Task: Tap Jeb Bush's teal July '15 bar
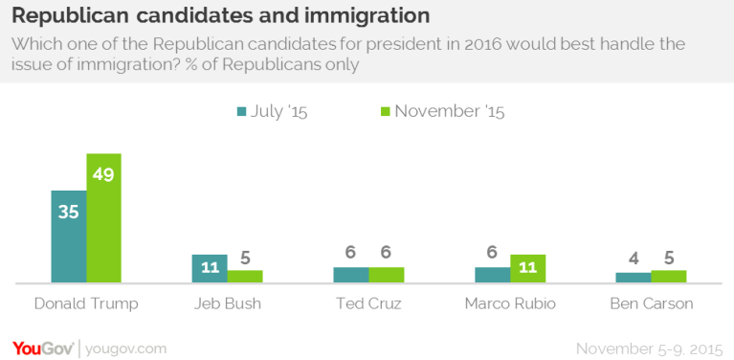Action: click(x=210, y=269)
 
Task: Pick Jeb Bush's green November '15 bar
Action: click(x=245, y=277)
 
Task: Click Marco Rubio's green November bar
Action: click(x=527, y=269)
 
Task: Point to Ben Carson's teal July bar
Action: click(x=633, y=278)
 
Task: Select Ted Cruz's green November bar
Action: click(x=387, y=275)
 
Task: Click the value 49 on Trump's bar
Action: click(x=103, y=173)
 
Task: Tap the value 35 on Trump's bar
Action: click(x=68, y=212)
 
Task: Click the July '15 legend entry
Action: click(x=273, y=111)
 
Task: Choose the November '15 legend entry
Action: click(x=442, y=111)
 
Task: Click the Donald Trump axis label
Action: click(x=86, y=304)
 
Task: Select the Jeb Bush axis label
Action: click(x=227, y=304)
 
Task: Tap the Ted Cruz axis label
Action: click(x=368, y=304)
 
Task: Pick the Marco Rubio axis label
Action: click(x=510, y=304)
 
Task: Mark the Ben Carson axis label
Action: click(x=651, y=304)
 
